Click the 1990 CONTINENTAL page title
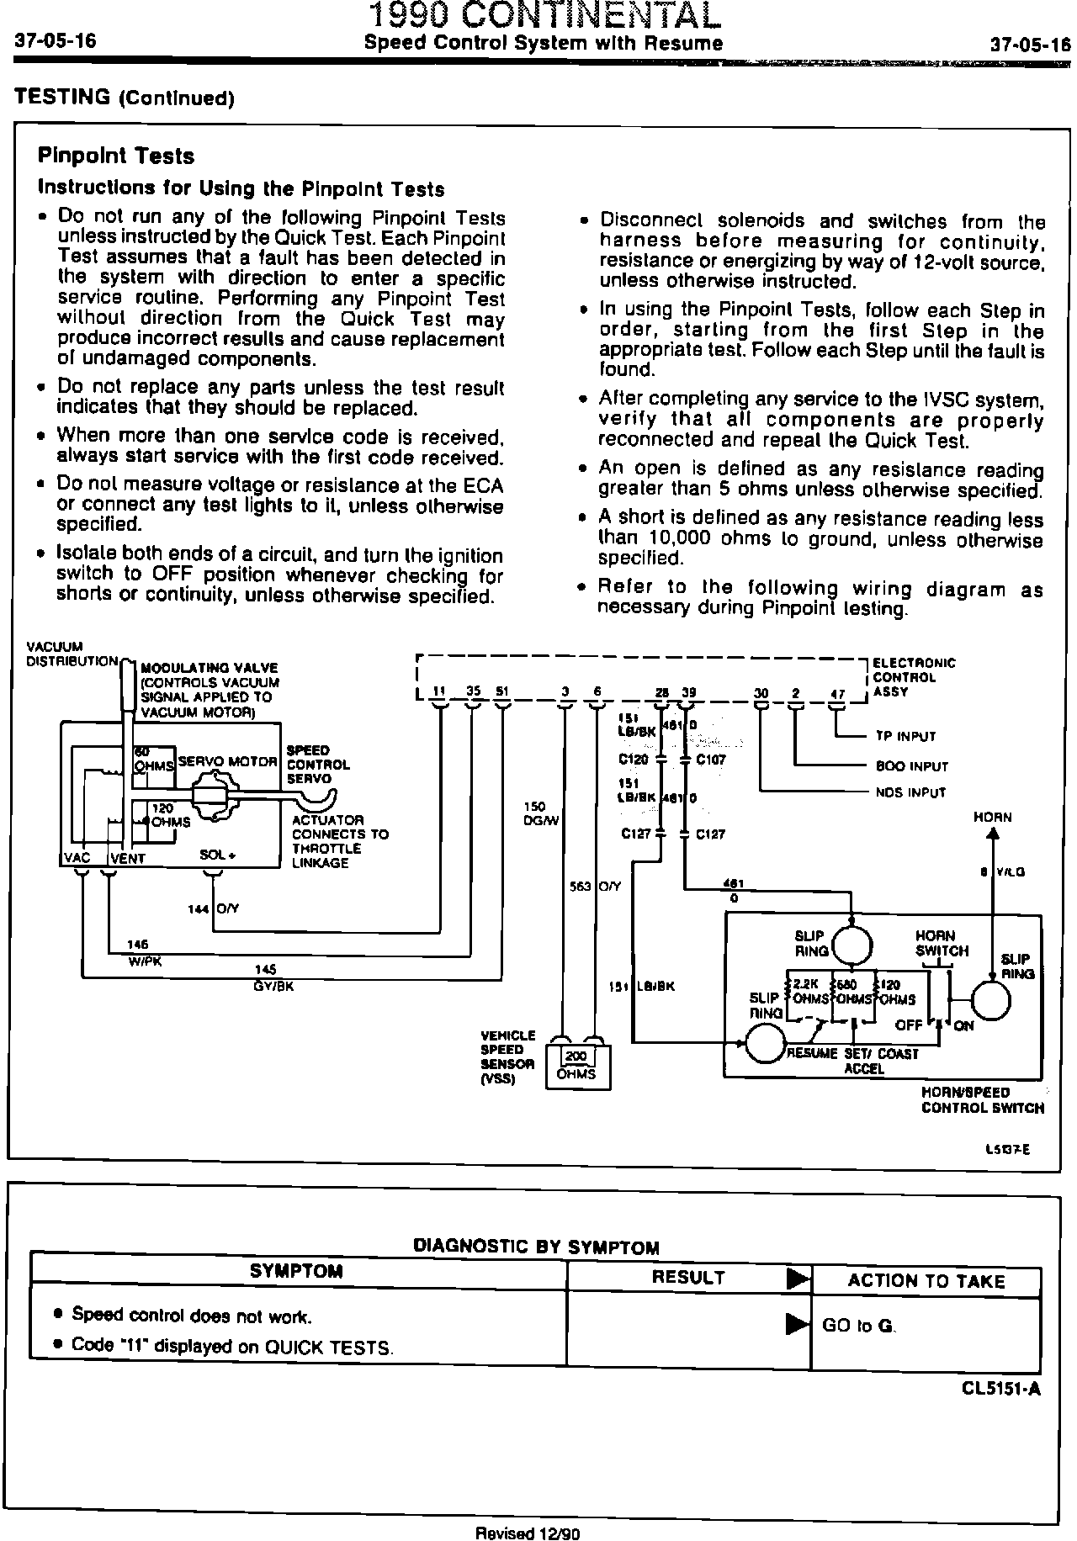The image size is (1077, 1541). [546, 15]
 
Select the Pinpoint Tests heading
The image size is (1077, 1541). [116, 156]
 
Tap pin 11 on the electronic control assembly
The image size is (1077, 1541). [438, 692]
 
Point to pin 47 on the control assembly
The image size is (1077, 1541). [837, 695]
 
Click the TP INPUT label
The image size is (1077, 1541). [905, 737]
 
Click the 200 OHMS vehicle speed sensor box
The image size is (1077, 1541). [577, 1066]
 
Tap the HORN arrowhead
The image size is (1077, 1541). [993, 834]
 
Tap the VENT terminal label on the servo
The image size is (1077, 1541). [128, 859]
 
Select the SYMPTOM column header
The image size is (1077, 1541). [296, 1271]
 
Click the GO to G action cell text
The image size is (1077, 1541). [858, 1326]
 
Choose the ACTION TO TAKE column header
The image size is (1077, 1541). [926, 1281]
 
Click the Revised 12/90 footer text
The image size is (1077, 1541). [528, 1533]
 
